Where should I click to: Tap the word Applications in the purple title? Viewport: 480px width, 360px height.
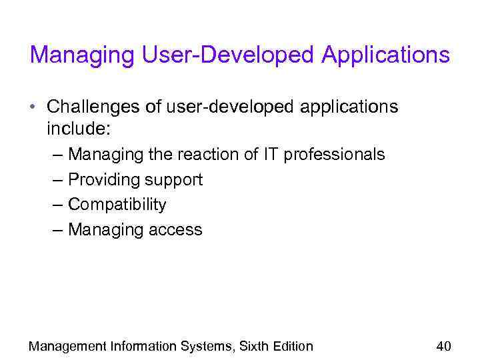point(385,56)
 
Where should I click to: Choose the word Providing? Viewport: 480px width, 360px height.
point(99,180)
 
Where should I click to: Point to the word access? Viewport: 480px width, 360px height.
point(176,230)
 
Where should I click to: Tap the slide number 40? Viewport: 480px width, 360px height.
point(443,346)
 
